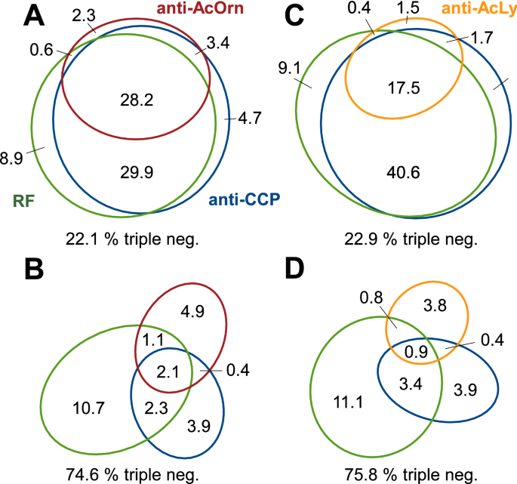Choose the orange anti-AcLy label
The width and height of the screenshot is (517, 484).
click(469, 10)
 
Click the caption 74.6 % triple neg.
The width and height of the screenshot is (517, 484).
click(131, 474)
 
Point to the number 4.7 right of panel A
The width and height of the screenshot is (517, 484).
click(250, 119)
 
